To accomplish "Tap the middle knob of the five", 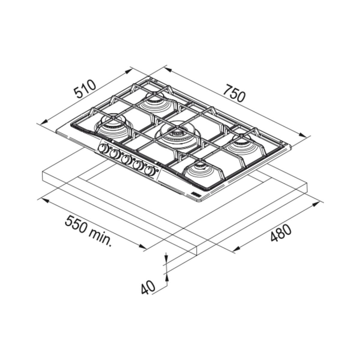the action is (127, 160).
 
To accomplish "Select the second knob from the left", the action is (115, 154).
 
